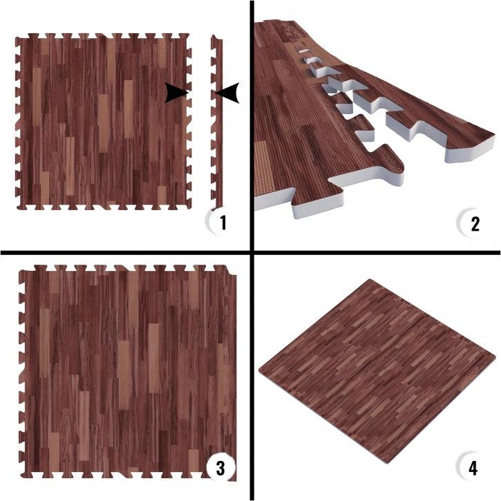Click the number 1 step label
(223, 223)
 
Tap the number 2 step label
(475, 224)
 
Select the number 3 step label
(220, 469)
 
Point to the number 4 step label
(473, 468)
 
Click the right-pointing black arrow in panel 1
(176, 93)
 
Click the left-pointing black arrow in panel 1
(227, 93)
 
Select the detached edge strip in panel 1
(216, 122)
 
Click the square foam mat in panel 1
(103, 122)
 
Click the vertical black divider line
(252, 250)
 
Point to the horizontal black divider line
(250, 253)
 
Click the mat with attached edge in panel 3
(128, 372)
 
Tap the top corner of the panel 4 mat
(370, 280)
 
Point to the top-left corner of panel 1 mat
(17, 38)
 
